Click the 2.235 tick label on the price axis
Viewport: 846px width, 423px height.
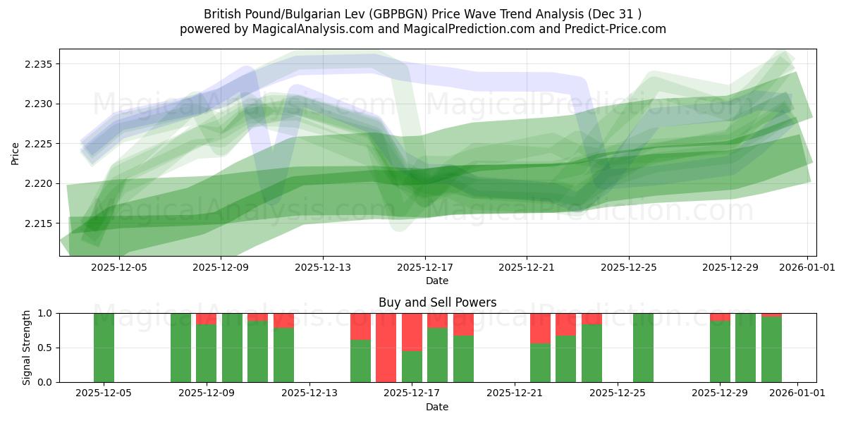(37, 64)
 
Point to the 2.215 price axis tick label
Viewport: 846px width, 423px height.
(37, 223)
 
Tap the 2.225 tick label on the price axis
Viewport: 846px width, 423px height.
(37, 144)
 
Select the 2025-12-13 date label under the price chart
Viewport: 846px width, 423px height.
(322, 267)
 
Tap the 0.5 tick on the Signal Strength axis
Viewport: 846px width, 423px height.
(45, 348)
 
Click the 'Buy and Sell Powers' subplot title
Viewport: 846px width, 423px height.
(437, 302)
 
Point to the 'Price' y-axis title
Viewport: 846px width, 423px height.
(16, 152)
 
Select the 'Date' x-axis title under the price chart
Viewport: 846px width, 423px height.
(437, 281)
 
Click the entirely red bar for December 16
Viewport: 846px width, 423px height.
(386, 348)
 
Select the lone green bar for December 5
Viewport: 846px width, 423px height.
(104, 348)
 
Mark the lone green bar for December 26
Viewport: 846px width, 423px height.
(643, 348)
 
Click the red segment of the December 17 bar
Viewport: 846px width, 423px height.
(412, 331)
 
